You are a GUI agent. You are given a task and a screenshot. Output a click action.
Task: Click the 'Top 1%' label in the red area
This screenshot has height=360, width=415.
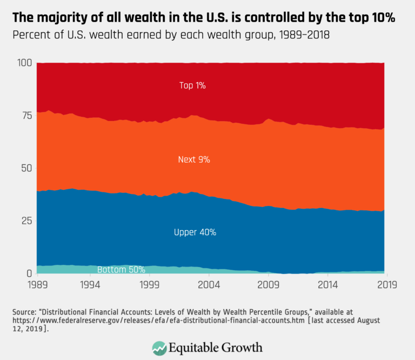[x=193, y=85]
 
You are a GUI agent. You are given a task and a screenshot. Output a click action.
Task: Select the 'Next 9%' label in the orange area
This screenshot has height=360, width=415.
[x=194, y=159]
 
